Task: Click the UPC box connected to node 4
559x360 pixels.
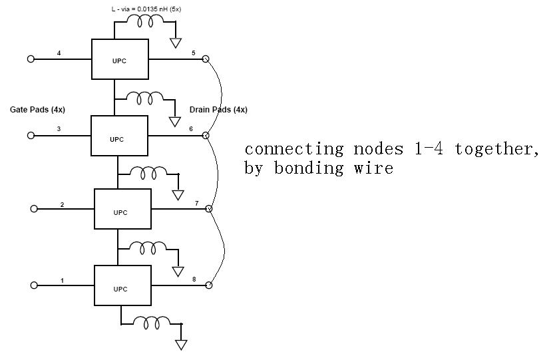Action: click(119, 59)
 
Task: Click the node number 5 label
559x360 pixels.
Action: click(193, 53)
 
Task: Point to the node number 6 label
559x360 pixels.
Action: click(191, 128)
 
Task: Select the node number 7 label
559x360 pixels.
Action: click(196, 203)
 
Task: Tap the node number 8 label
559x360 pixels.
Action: click(194, 279)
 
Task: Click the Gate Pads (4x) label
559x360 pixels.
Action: click(37, 109)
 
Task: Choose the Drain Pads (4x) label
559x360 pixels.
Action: click(218, 110)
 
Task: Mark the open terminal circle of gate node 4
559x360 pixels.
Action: click(31, 59)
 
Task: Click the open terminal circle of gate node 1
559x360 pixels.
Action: click(34, 285)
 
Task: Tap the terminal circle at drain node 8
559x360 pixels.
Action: click(208, 285)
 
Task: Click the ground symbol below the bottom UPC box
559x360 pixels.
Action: click(180, 345)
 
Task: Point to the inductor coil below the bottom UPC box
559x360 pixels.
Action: click(151, 323)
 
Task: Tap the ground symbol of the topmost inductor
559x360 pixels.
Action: click(176, 43)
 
